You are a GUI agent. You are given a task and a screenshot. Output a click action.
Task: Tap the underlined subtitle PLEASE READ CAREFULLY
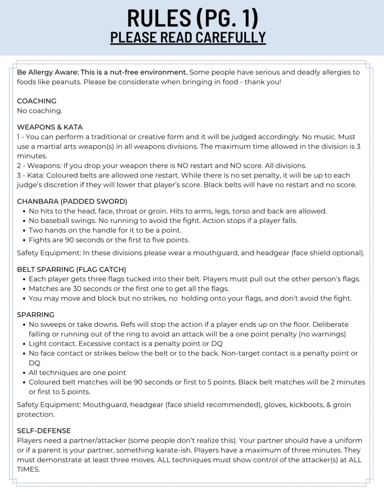[x=188, y=37]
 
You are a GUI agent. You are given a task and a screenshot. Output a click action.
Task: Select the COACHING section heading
[x=36, y=101]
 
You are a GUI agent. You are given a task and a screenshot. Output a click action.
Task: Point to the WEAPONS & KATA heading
[x=50, y=127]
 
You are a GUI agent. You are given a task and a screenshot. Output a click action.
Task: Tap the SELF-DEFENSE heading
[x=44, y=431]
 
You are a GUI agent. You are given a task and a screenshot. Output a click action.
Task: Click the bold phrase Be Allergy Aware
[x=48, y=72]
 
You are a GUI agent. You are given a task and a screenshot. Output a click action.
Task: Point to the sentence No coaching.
[x=39, y=111]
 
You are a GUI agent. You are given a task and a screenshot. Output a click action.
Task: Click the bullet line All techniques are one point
[x=77, y=372]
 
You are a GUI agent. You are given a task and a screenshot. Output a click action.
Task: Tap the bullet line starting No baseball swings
[x=163, y=220]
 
